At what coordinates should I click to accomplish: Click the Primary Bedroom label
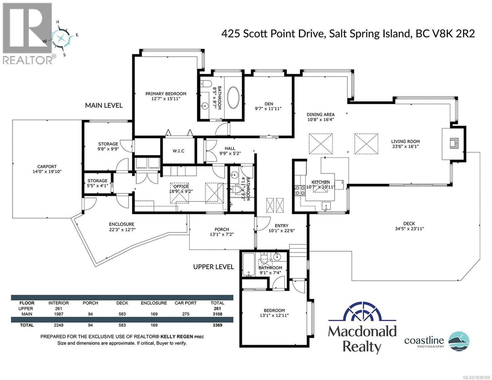tap(166, 94)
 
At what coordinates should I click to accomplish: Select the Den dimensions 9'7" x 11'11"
tap(268, 109)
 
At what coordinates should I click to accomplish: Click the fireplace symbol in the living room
tap(455, 143)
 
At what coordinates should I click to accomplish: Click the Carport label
tap(47, 166)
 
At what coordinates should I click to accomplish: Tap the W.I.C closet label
tap(178, 151)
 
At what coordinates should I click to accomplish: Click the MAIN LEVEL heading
tap(104, 105)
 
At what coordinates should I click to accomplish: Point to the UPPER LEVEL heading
tap(214, 267)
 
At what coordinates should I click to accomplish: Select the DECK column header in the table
tap(122, 303)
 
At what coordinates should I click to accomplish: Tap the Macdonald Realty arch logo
tap(362, 313)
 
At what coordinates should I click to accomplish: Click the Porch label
tap(221, 229)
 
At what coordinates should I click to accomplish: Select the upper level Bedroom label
tap(274, 310)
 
